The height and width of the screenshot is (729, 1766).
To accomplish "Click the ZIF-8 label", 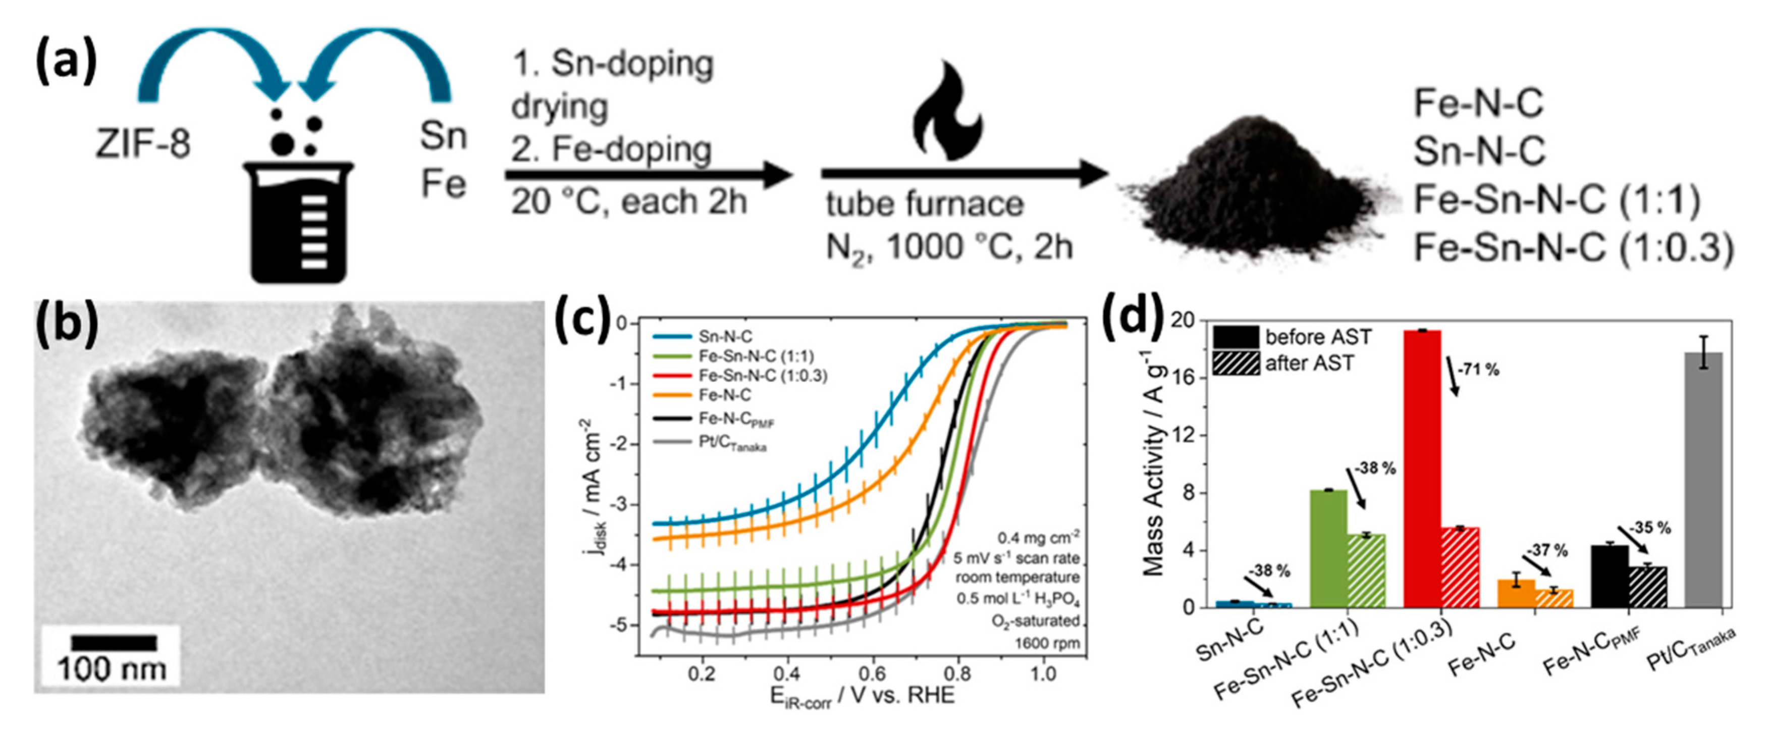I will click(143, 145).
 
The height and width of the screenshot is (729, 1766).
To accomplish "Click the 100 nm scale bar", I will click(114, 643).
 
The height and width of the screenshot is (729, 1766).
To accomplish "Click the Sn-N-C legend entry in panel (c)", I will click(725, 336).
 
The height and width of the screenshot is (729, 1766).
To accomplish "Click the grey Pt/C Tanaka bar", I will click(1703, 480).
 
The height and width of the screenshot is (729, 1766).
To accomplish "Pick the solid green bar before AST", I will click(1328, 549).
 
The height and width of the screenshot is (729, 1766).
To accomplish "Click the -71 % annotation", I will click(1477, 370).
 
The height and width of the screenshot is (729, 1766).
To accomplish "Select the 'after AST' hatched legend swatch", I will click(1236, 363).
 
